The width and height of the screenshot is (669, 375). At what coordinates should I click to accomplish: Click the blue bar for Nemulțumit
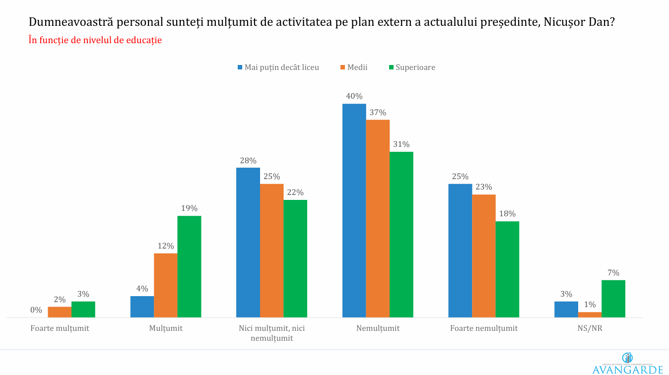[x=354, y=210]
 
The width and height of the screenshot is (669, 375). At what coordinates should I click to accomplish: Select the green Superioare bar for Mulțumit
[x=189, y=266]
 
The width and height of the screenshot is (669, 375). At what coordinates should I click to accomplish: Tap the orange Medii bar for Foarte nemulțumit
[x=483, y=255]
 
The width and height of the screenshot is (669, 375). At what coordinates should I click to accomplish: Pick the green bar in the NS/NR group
[x=613, y=299]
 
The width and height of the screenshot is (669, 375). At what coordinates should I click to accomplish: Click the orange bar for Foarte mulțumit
[x=60, y=312]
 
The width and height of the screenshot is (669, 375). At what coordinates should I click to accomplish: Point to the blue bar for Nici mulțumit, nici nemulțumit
[x=248, y=242]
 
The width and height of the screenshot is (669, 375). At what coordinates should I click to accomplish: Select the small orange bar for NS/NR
[x=590, y=314]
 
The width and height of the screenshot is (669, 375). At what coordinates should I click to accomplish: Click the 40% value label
[x=354, y=96]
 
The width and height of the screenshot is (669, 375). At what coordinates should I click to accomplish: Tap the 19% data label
[x=189, y=208]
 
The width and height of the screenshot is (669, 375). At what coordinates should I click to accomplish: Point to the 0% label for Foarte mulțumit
[x=36, y=310]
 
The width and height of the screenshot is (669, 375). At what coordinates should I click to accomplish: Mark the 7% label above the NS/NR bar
[x=613, y=272]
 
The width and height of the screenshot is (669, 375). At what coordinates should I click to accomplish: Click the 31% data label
[x=401, y=144]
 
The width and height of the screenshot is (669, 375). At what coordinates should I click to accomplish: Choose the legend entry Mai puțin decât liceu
[x=278, y=67]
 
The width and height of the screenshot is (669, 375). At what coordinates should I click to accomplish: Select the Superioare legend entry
[x=411, y=67]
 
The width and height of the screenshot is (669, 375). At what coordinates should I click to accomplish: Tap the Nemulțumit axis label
[x=378, y=328]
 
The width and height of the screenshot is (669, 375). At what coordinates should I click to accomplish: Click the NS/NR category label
[x=589, y=328]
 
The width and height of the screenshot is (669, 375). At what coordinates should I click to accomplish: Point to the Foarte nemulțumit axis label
[x=483, y=328]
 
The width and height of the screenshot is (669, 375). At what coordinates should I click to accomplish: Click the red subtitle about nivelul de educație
[x=95, y=41]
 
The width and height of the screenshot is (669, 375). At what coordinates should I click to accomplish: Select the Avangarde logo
[x=627, y=364]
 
